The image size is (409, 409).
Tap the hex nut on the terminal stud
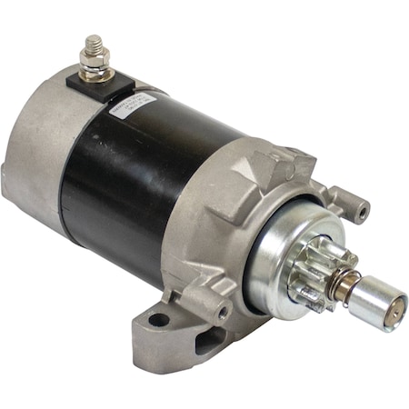94,61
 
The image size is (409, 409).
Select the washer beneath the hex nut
95,71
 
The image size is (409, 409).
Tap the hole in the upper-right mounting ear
362,213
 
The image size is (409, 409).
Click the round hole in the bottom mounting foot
160,319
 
